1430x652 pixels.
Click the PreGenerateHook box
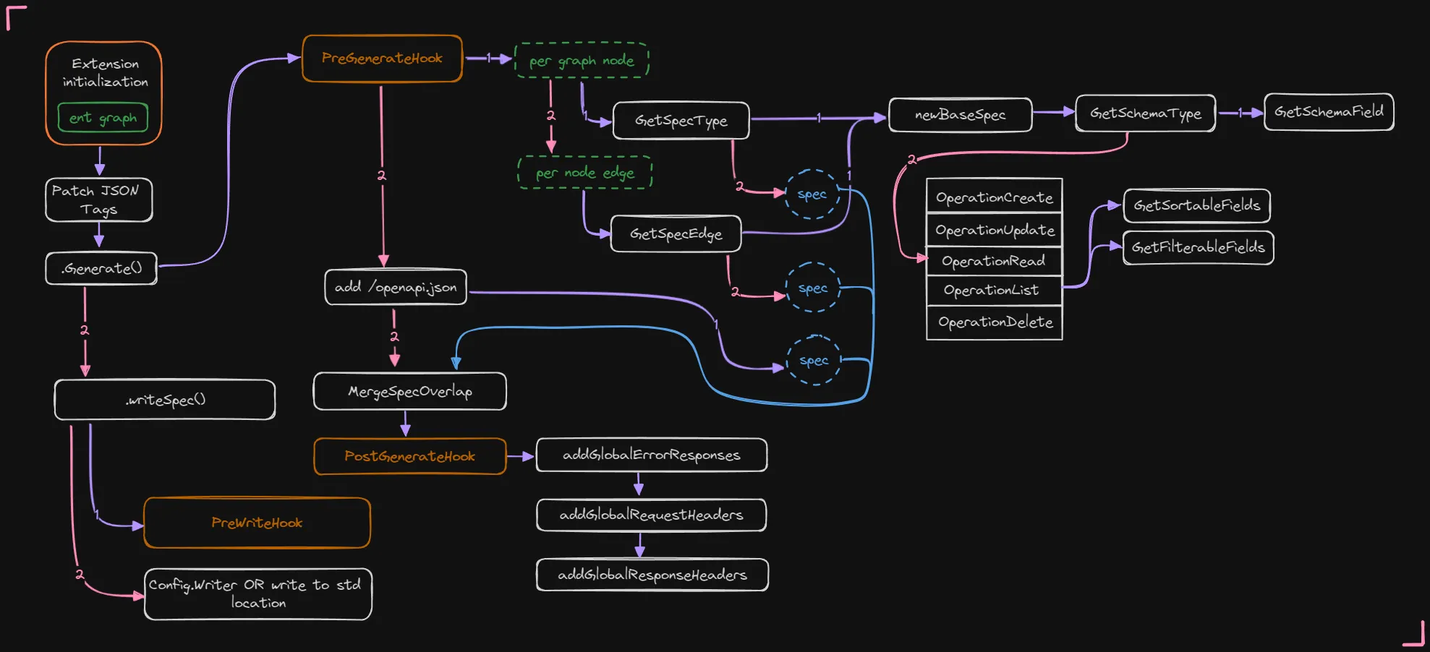(x=382, y=59)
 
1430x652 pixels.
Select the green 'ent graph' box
(x=103, y=118)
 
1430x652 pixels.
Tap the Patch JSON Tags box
(x=98, y=200)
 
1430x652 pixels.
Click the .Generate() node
(x=101, y=268)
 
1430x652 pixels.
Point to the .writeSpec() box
(x=165, y=400)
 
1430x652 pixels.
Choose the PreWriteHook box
(x=257, y=523)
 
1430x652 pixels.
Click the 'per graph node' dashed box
(x=582, y=61)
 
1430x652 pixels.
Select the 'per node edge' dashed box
(x=584, y=173)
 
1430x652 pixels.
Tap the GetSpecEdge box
(x=676, y=234)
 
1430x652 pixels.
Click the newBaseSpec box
(x=960, y=115)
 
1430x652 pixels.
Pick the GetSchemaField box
(x=1329, y=112)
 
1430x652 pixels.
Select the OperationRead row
(x=994, y=261)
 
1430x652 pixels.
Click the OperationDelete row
(x=995, y=322)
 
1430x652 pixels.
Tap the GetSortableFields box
(x=1196, y=206)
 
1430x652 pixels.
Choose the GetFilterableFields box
(x=1198, y=248)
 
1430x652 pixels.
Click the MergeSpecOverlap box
(x=409, y=392)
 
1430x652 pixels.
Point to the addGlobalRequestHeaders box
(x=651, y=515)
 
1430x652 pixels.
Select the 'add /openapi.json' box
(x=396, y=288)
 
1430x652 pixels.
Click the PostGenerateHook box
(x=409, y=457)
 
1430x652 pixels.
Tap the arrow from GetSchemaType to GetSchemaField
(x=1240, y=113)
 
